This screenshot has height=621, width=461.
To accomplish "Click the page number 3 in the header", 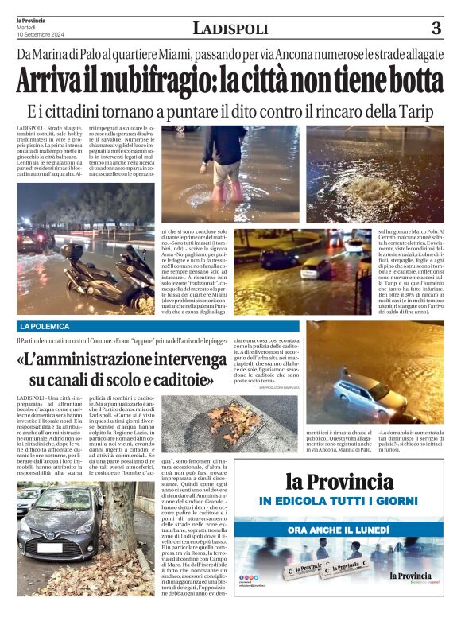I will click(436, 29).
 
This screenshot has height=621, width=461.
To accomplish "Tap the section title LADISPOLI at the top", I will click(230, 29).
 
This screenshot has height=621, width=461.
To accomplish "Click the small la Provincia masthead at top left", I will click(32, 21).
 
